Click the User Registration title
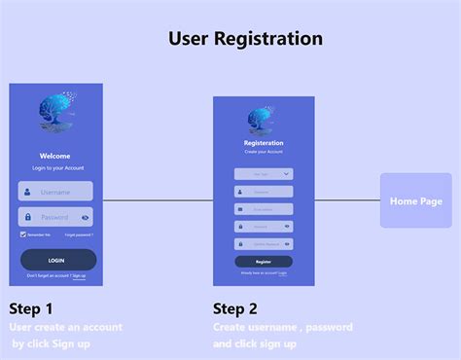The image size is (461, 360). (245, 39)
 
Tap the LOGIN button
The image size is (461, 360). (57, 260)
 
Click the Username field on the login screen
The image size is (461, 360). (56, 192)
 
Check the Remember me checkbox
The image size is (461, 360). (22, 235)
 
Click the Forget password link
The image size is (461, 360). (79, 235)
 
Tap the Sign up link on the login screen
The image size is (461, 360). (79, 276)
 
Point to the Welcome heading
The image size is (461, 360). (55, 156)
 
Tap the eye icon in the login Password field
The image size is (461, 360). (86, 218)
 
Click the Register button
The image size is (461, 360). (264, 262)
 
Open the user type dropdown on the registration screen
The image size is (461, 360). (264, 174)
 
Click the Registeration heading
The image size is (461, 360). (264, 143)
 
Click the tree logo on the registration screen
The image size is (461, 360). (262, 120)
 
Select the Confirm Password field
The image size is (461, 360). (264, 243)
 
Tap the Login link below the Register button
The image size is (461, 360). (282, 273)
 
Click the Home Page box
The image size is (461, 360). (415, 201)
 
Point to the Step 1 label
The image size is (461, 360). (32, 308)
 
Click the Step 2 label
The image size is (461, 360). (235, 308)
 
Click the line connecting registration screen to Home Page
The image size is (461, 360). (347, 201)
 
